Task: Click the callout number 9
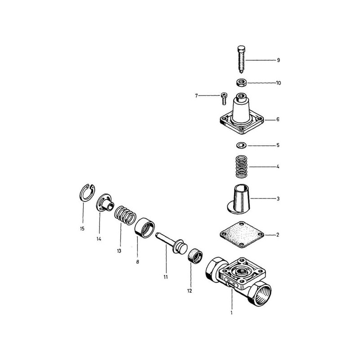278,60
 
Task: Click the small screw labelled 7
224,95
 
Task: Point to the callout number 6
278,120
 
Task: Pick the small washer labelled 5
240,145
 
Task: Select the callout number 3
278,198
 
